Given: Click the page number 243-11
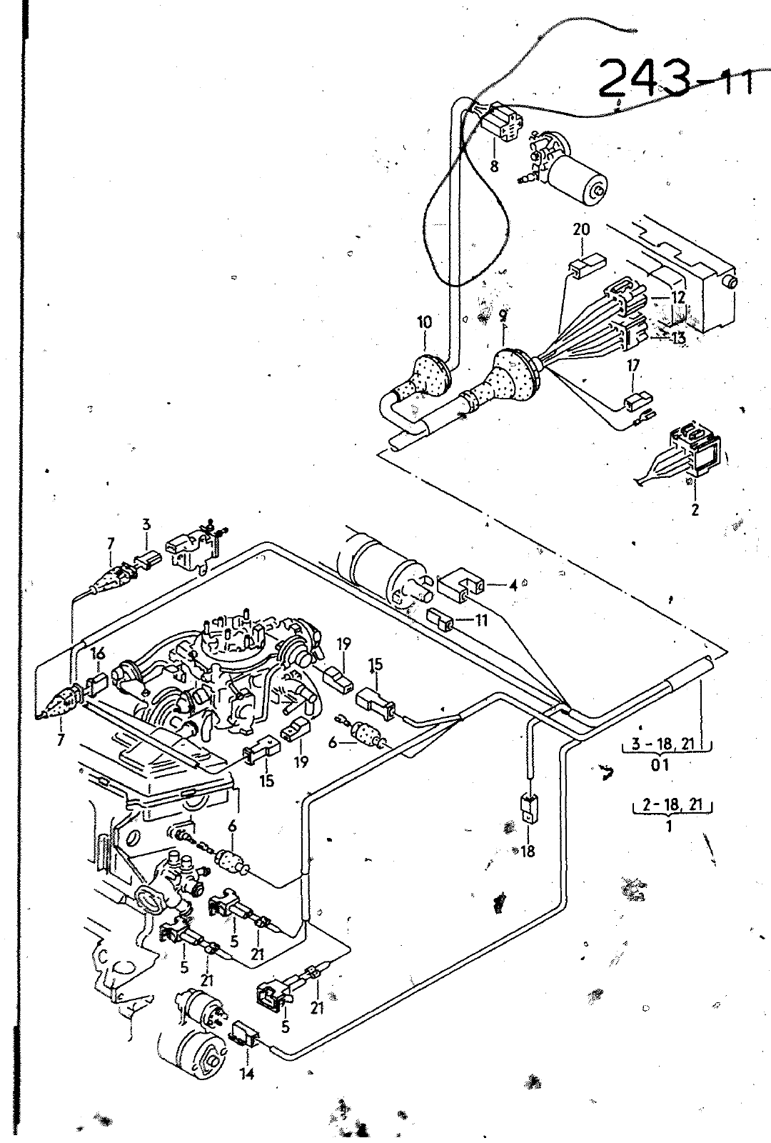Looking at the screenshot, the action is pos(675,79).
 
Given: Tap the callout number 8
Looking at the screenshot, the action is pos(494,166).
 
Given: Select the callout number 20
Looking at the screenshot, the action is pos(581,229).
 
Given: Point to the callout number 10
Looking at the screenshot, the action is pos(424,322).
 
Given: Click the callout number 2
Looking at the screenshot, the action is pos(695,509).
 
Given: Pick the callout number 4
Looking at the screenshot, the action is pos(513,585).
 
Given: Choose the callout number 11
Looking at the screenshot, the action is pos(481,620).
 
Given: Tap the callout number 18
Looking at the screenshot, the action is pos(528,851).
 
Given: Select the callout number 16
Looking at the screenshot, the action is pos(99,654).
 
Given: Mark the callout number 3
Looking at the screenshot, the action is pos(146,524).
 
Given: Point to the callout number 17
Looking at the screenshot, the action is pos(633,366).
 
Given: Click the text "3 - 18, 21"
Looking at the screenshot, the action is pos(663,744).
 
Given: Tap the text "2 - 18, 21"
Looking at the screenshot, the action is pos(672,804).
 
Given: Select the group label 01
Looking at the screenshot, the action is pos(660,765).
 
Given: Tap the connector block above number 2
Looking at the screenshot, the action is pos(697,449).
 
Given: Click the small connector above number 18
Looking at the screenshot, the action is pos(528,808).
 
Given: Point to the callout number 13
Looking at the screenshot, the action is pos(679,338).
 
